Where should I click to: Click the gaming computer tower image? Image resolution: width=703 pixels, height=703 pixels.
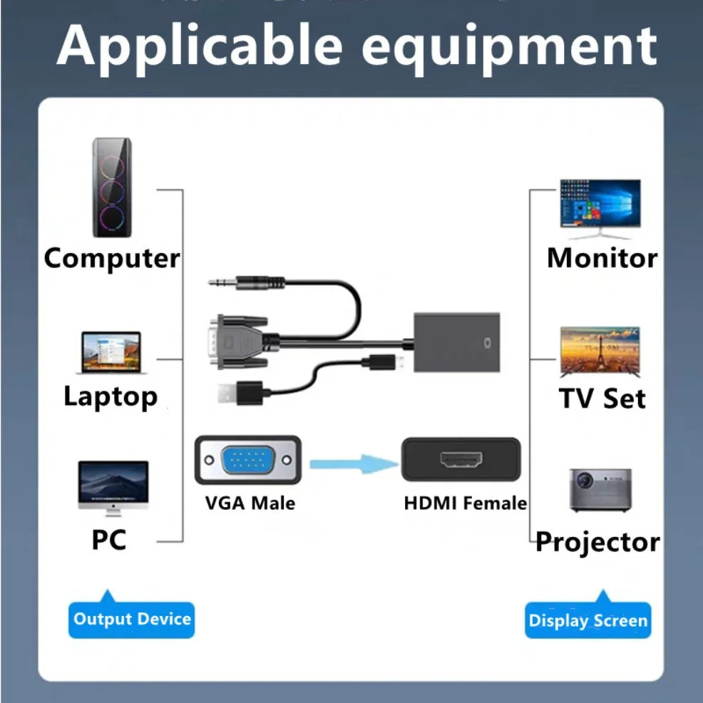pos(113,188)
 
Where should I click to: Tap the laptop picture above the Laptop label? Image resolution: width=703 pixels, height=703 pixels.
pos(111,352)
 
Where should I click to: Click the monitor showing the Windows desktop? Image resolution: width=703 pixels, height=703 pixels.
pos(600,207)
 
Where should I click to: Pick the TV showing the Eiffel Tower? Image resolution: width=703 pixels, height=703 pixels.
pos(600,351)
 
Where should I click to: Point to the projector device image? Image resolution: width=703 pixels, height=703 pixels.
pos(600,490)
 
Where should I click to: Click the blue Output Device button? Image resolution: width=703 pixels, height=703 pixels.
pos(132,618)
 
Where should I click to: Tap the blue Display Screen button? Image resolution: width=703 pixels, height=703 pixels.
pos(587,620)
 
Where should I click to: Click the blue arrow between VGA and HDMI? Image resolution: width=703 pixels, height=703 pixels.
pos(354,465)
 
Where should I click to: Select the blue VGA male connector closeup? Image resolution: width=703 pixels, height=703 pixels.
pos(247,461)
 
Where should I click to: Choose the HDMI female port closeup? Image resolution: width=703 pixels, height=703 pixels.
pos(460,460)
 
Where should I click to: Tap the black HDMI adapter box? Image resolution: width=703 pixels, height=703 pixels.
pos(457,342)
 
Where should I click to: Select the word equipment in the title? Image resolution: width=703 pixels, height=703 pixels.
pos(508,46)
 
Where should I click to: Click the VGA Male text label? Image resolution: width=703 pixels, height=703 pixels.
pos(250,503)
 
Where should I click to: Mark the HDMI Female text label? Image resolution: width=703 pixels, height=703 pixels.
pos(465,503)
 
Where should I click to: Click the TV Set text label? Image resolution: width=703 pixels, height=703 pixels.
pos(602,398)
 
